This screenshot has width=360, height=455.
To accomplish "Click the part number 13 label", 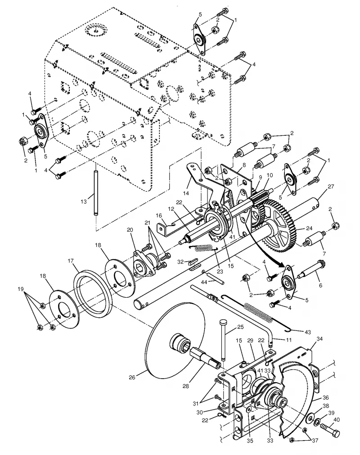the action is point(84,201).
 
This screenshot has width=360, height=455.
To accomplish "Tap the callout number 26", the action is point(132,378).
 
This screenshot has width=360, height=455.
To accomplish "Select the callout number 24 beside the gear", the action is point(309,228).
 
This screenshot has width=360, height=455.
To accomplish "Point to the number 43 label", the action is point(307,332).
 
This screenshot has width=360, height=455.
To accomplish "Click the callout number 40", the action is point(337,419).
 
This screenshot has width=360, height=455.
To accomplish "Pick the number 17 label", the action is point(71,261).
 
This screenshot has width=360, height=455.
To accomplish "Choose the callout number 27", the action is point(331,187).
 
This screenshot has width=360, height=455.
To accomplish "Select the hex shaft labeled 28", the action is point(205,357).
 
